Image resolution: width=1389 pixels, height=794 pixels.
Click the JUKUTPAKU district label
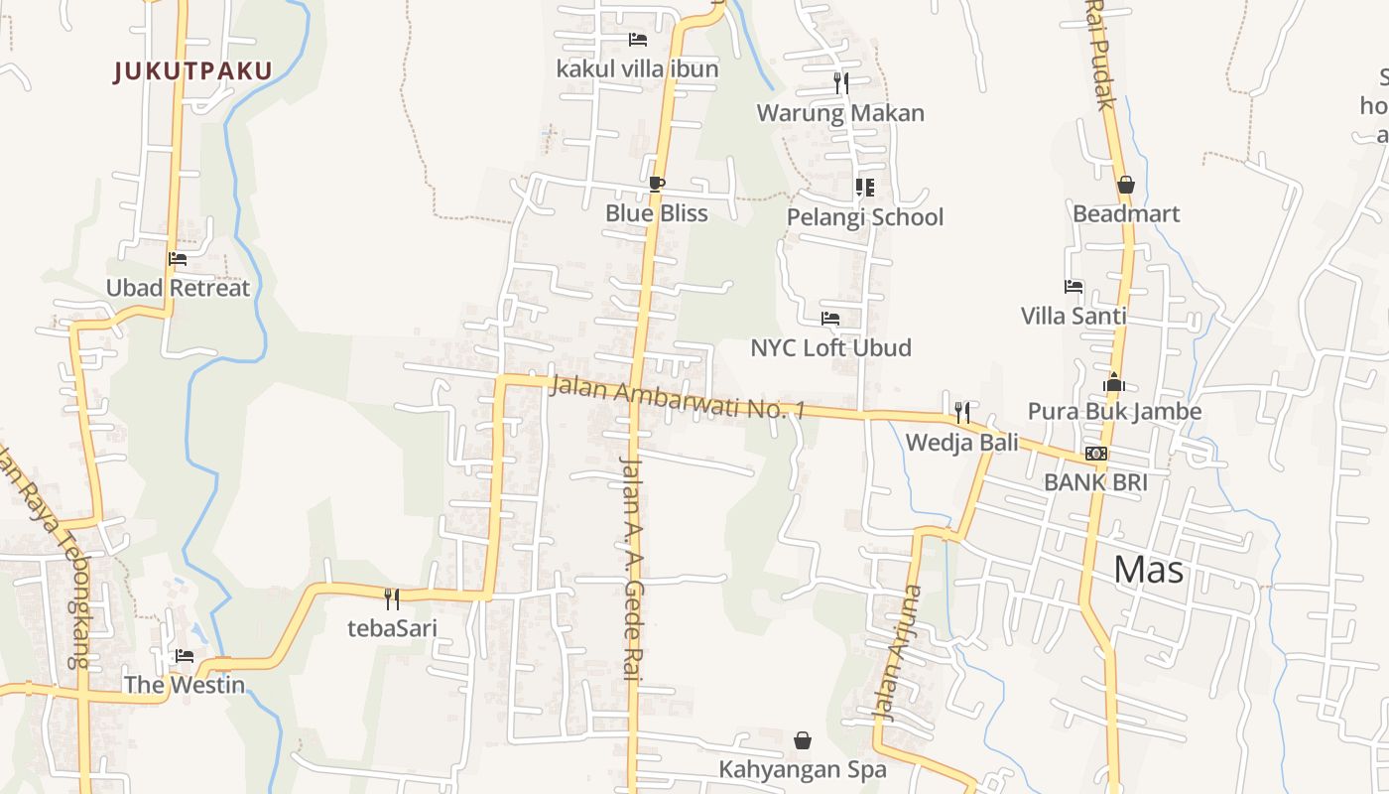(192, 71)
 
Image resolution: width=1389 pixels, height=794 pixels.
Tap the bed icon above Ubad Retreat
(178, 259)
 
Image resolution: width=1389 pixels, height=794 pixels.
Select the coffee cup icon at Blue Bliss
(656, 184)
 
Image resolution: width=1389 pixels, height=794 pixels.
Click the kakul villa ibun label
(637, 69)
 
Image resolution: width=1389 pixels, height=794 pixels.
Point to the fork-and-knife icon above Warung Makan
(841, 82)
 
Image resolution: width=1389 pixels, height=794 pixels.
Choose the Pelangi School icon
(864, 187)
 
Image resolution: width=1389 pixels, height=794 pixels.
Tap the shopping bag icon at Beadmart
(1125, 185)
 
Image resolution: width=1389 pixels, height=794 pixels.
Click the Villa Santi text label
(1073, 316)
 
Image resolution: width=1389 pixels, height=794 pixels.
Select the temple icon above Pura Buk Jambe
(1113, 382)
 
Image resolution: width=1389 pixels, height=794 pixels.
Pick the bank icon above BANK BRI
(1095, 454)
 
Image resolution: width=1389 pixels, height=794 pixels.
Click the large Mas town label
(1148, 570)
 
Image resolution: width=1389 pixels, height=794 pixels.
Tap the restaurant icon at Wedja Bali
(961, 412)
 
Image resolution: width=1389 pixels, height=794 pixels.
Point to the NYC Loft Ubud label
(830, 348)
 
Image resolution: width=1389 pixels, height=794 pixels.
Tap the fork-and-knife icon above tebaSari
(392, 598)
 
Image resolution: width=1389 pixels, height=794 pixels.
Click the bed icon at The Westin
(185, 655)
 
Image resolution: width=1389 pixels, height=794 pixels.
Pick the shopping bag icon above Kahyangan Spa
(803, 740)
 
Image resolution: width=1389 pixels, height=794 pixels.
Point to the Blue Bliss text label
(657, 213)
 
